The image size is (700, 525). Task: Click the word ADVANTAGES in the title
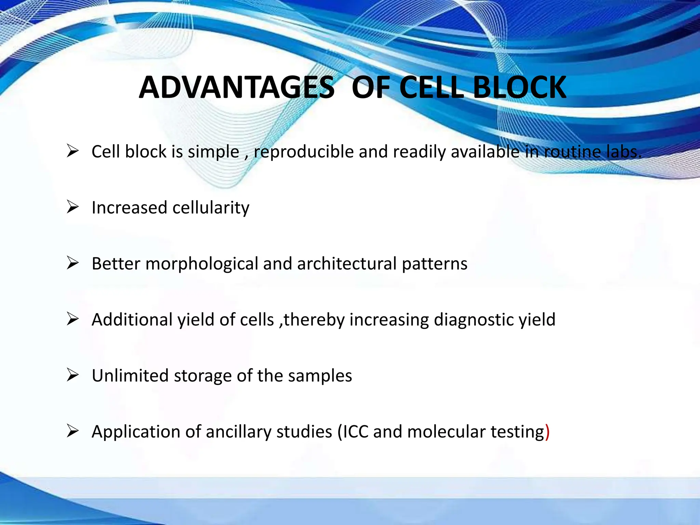pyautogui.click(x=237, y=87)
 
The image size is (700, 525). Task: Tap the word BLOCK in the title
pyautogui.click(x=520, y=87)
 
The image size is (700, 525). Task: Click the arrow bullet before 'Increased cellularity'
pyautogui.click(x=73, y=207)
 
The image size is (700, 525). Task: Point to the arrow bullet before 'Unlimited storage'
pyautogui.click(x=73, y=375)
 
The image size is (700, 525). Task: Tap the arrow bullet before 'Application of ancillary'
pyautogui.click(x=73, y=431)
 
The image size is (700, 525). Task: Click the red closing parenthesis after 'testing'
pyautogui.click(x=547, y=432)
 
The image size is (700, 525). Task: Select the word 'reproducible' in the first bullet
pyautogui.click(x=304, y=152)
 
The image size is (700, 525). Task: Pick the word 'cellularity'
pyautogui.click(x=211, y=208)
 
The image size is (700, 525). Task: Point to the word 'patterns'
pyautogui.click(x=434, y=264)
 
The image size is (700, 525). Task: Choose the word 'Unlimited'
pyautogui.click(x=130, y=376)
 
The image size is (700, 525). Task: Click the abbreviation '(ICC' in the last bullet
pyautogui.click(x=353, y=432)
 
